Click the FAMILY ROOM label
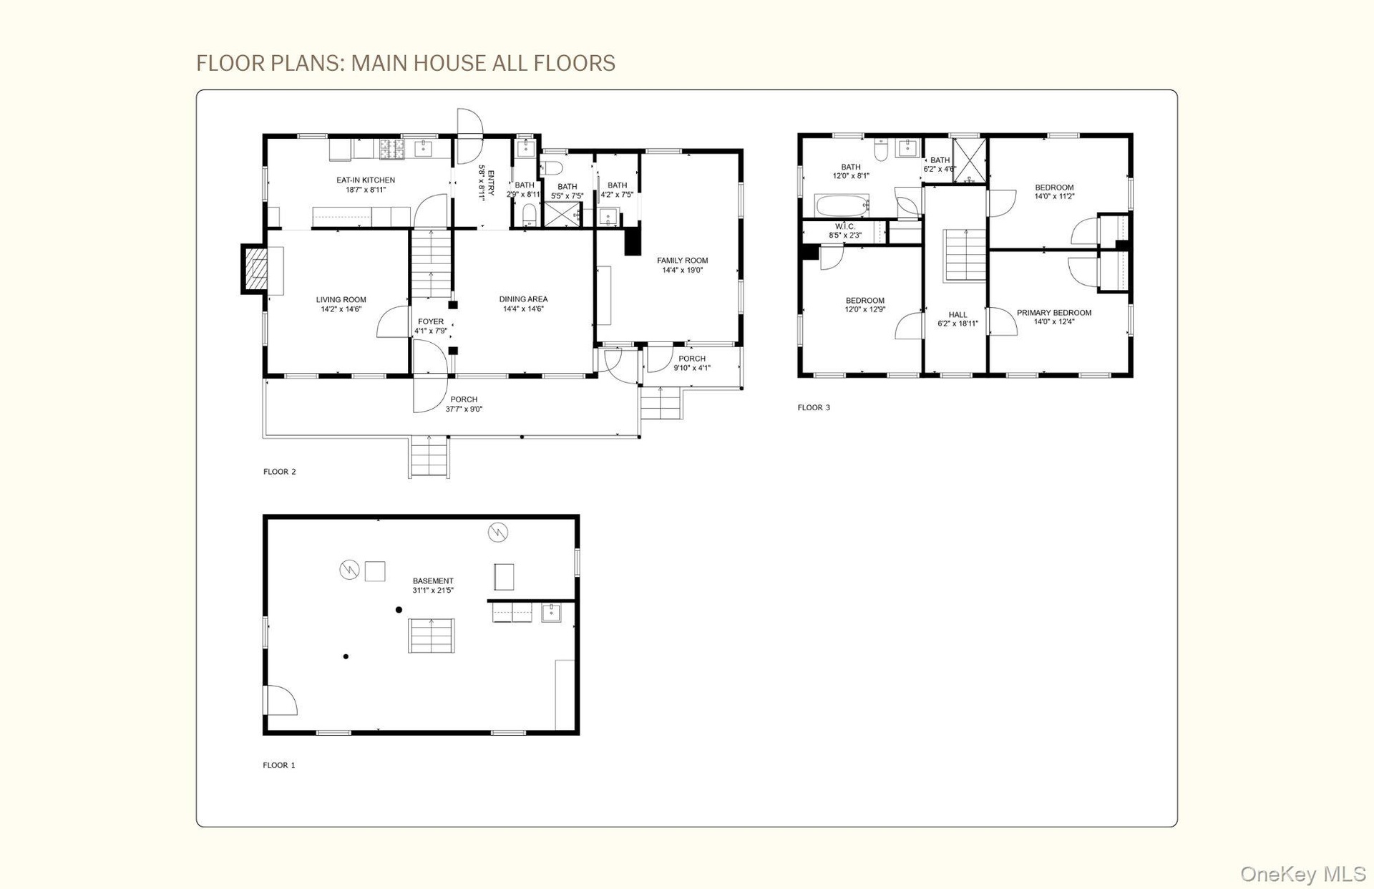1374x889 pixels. click(x=682, y=261)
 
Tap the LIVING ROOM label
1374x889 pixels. click(x=341, y=301)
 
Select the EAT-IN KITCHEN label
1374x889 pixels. click(x=366, y=180)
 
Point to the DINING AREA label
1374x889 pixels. click(x=523, y=299)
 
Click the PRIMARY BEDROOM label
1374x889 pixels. click(x=1054, y=313)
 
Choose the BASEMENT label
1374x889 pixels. click(x=433, y=581)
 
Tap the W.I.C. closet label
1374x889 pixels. click(x=845, y=226)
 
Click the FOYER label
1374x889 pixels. click(x=431, y=322)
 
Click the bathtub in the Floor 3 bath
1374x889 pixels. click(x=842, y=205)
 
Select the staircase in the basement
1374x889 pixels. click(x=432, y=636)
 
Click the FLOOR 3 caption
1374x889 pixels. click(x=814, y=408)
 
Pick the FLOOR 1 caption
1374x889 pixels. click(x=279, y=765)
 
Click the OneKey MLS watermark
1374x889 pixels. click(x=1303, y=874)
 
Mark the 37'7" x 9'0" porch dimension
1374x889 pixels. click(x=464, y=409)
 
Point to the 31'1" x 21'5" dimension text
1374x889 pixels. click(x=433, y=591)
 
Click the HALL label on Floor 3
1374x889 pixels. click(x=958, y=315)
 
